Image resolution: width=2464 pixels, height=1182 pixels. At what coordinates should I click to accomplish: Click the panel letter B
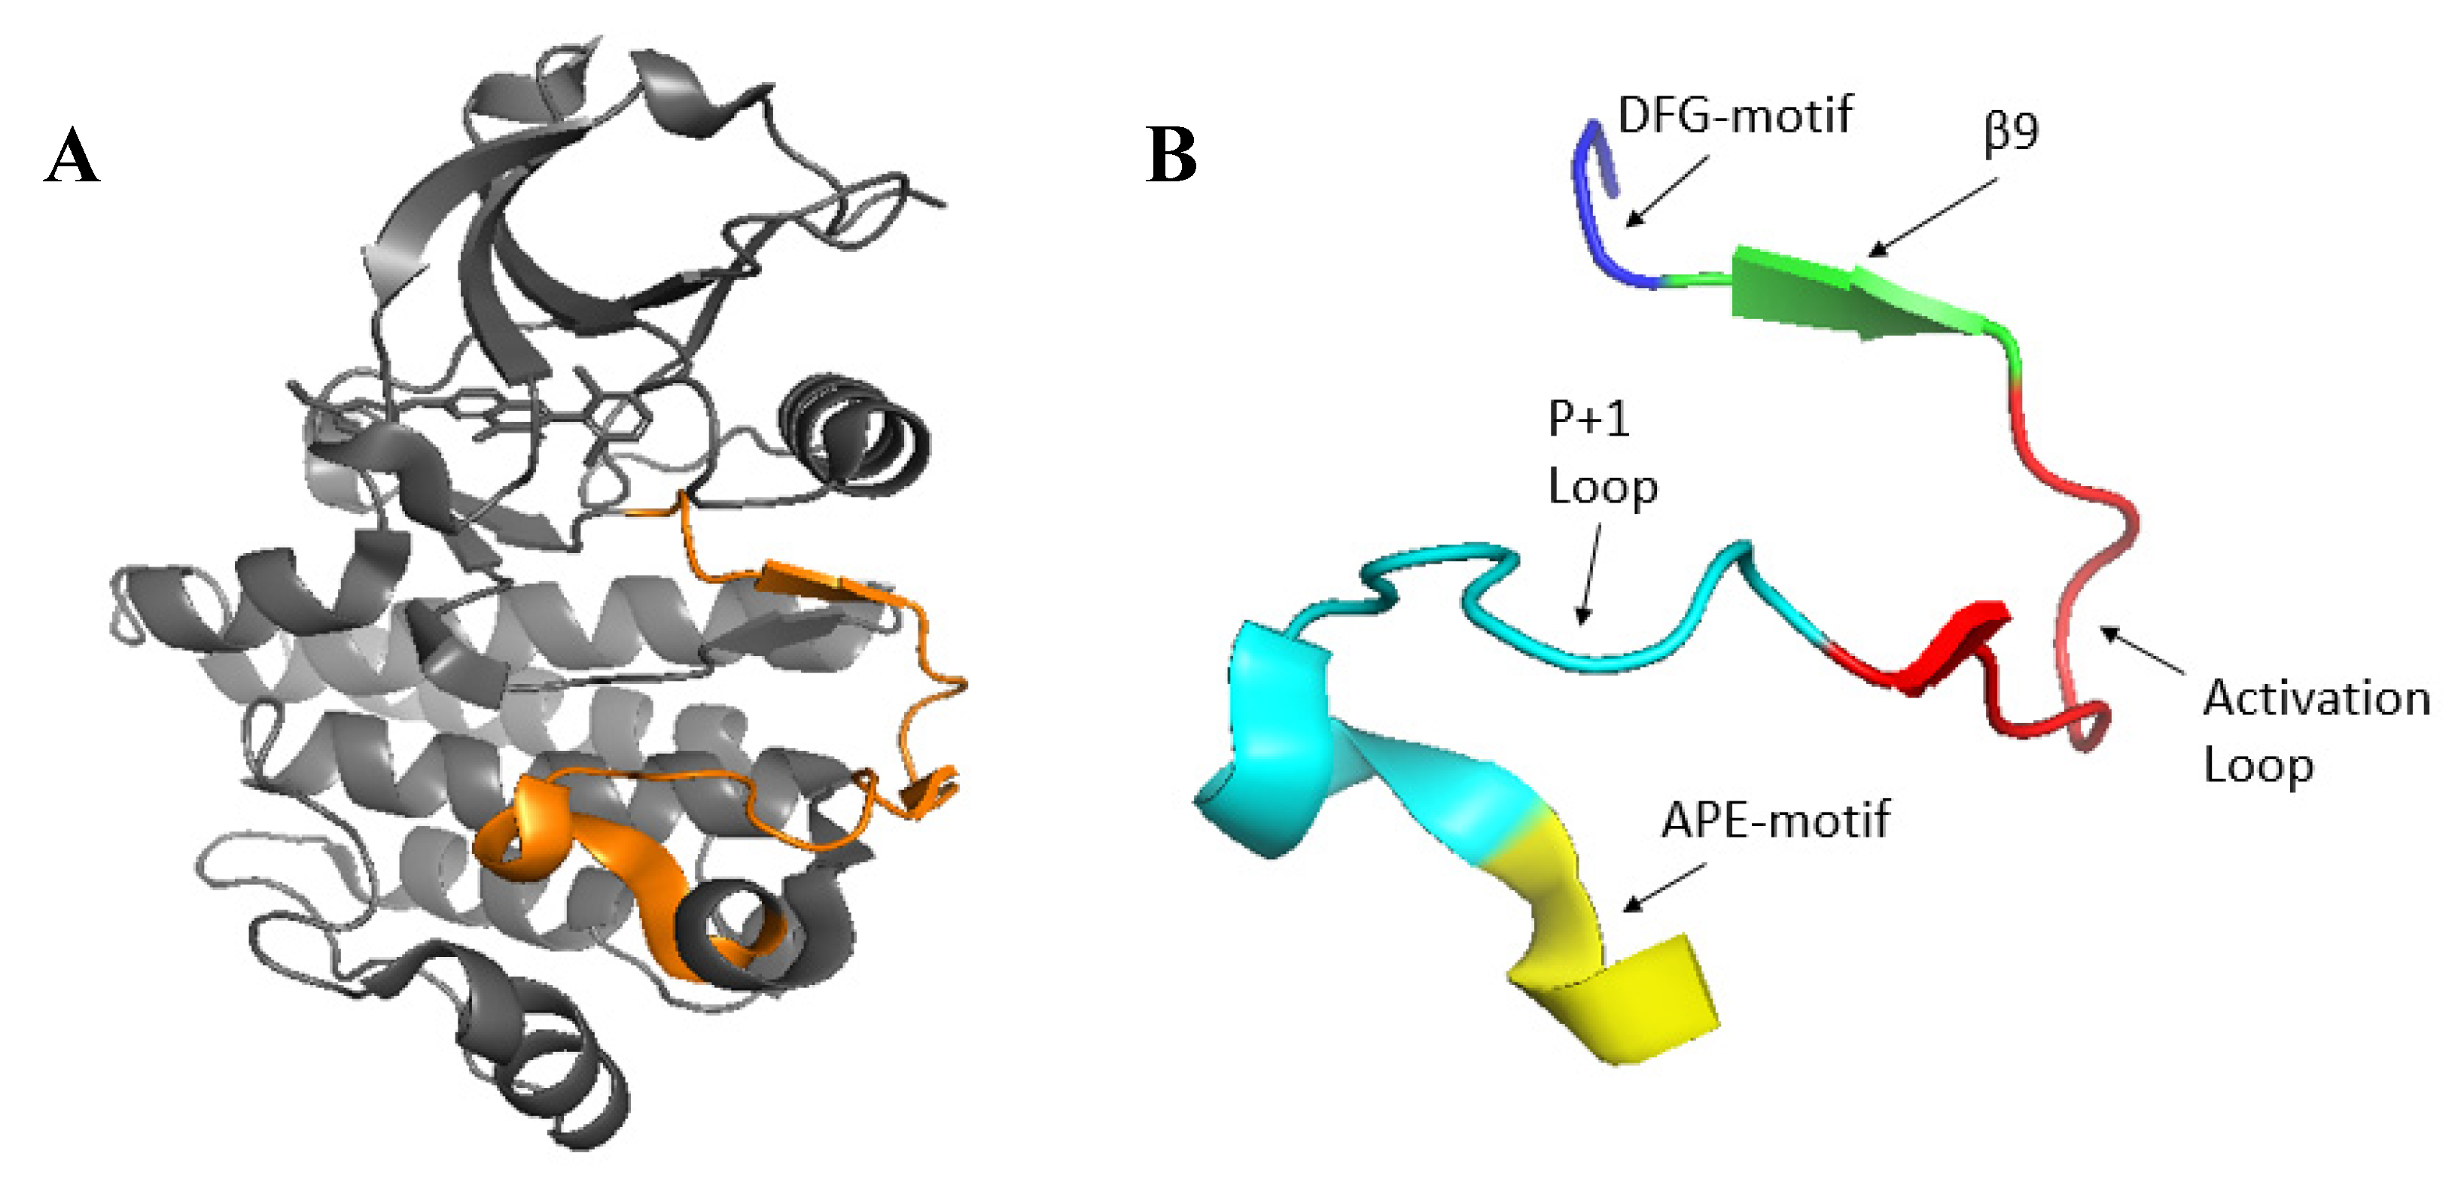[x=1171, y=155]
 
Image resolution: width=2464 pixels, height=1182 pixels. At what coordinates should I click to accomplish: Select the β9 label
[x=2012, y=131]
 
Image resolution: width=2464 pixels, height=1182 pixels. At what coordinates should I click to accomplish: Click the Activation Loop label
[x=2315, y=731]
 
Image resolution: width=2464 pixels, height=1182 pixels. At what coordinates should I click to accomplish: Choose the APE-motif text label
[x=1775, y=821]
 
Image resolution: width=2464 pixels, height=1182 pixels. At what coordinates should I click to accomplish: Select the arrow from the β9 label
[x=1933, y=217]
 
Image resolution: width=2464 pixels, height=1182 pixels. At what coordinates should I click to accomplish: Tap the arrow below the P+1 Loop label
[x=1591, y=574]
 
